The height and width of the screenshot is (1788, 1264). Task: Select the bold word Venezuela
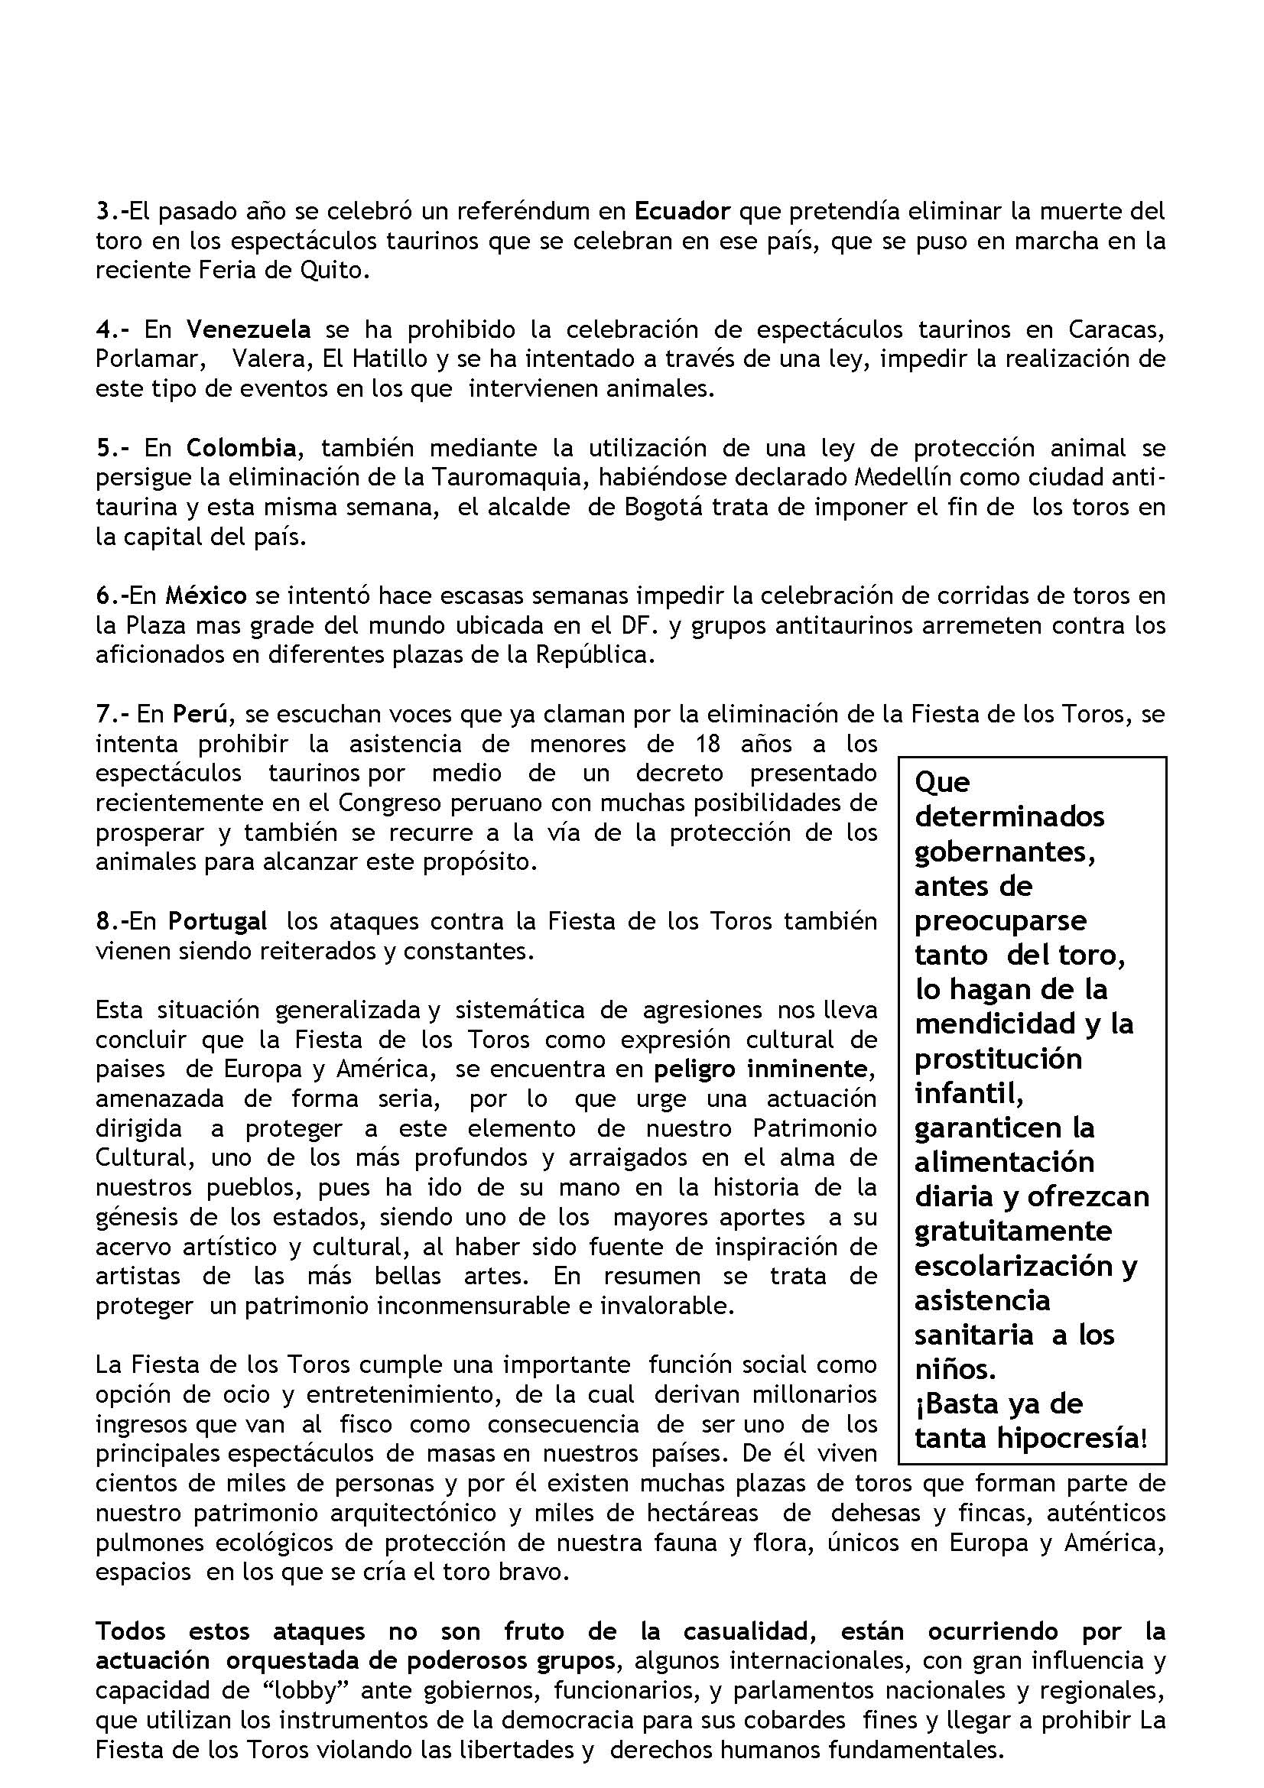(249, 329)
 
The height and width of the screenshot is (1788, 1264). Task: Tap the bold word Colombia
(242, 448)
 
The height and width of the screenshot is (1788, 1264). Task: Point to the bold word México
(206, 595)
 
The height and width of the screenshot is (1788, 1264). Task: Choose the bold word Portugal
(218, 921)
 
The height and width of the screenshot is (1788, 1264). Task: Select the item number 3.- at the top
(112, 211)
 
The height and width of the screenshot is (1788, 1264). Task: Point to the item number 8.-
(112, 921)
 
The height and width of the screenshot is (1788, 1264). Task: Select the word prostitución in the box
(998, 1059)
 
